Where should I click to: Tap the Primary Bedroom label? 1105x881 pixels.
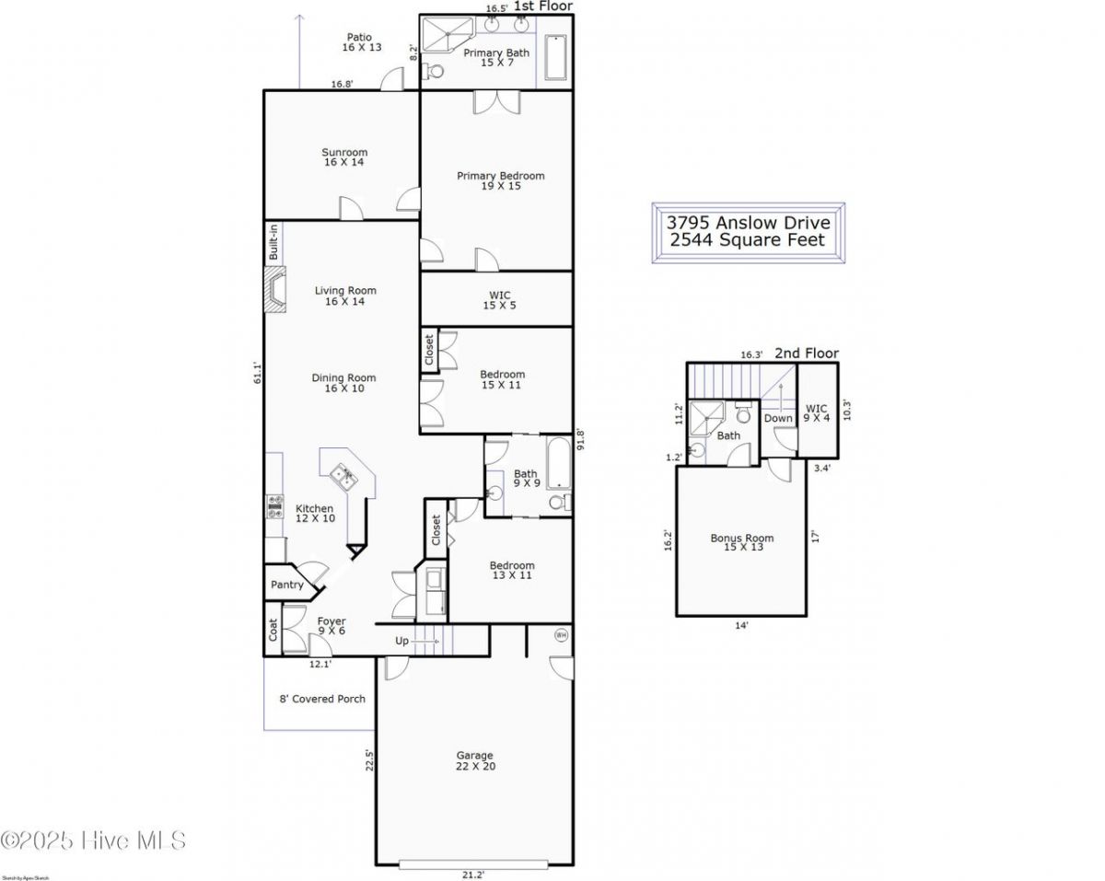pos(501,181)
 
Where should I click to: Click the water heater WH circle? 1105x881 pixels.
pos(561,634)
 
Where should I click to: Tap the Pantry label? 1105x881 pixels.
pos(287,585)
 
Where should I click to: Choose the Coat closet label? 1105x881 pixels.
pos(273,631)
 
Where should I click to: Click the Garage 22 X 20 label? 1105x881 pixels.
pos(475,761)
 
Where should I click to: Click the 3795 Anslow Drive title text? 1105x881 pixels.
pos(748,223)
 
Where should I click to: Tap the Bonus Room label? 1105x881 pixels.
pos(742,543)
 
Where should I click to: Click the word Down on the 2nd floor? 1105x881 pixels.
pos(778,418)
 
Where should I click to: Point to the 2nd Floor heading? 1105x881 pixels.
pos(806,354)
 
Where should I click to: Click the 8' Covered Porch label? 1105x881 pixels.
pos(322,699)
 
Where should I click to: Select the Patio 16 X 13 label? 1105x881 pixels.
pos(361,42)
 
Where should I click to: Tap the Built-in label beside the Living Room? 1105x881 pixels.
pos(273,241)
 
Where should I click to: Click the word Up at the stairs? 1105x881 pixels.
pos(402,641)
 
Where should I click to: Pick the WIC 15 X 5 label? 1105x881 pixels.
pos(499,300)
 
